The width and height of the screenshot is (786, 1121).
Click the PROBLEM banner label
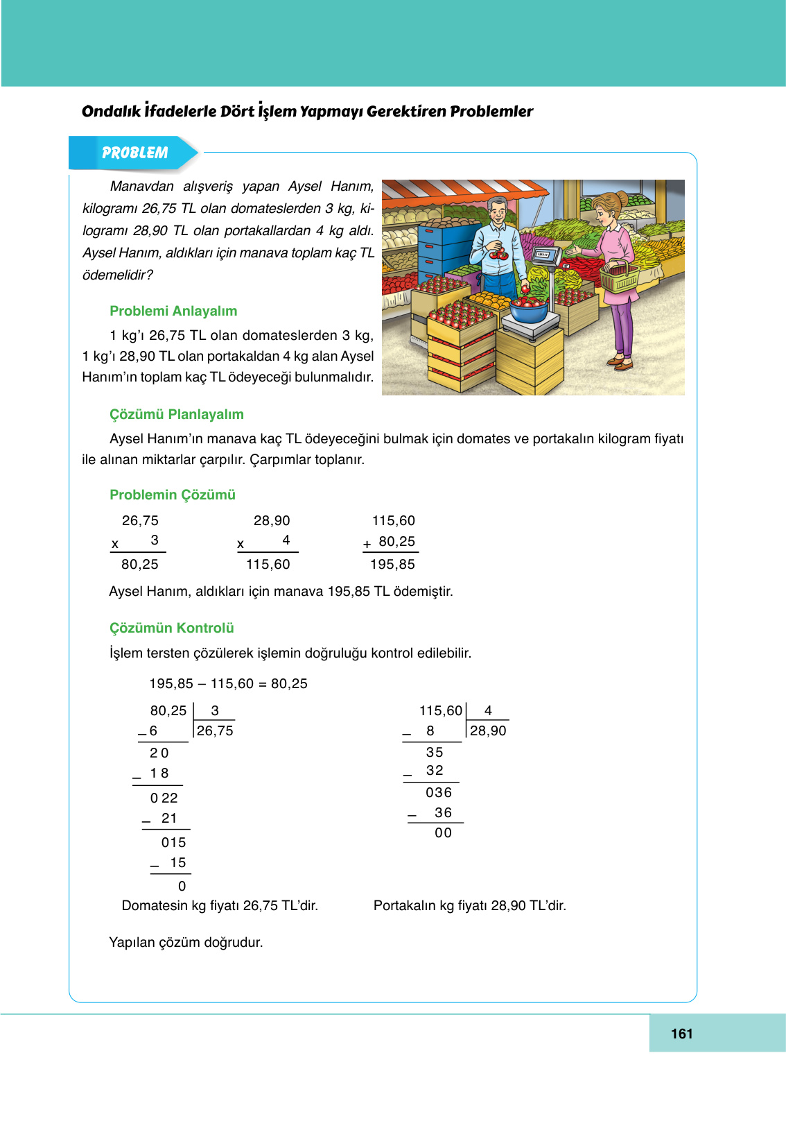[134, 153]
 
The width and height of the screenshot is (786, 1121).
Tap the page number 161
[681, 1034]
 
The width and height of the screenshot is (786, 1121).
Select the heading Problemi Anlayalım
[173, 311]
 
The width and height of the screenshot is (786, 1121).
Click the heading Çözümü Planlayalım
[177, 414]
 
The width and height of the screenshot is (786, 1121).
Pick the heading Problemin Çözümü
[173, 495]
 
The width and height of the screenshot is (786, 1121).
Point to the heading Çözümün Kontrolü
[172, 628]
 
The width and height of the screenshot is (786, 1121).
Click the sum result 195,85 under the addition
[392, 564]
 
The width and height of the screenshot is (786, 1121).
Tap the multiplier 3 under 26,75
[155, 540]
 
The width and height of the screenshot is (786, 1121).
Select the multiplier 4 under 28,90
[286, 540]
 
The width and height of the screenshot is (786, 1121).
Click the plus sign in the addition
[367, 545]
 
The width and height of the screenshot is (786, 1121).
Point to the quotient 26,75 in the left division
[215, 730]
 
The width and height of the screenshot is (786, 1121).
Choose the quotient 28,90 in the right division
[488, 730]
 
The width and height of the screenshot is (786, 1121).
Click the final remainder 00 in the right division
[443, 832]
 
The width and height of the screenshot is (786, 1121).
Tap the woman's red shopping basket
[620, 277]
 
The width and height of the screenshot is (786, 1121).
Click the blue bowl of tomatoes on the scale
[529, 309]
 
